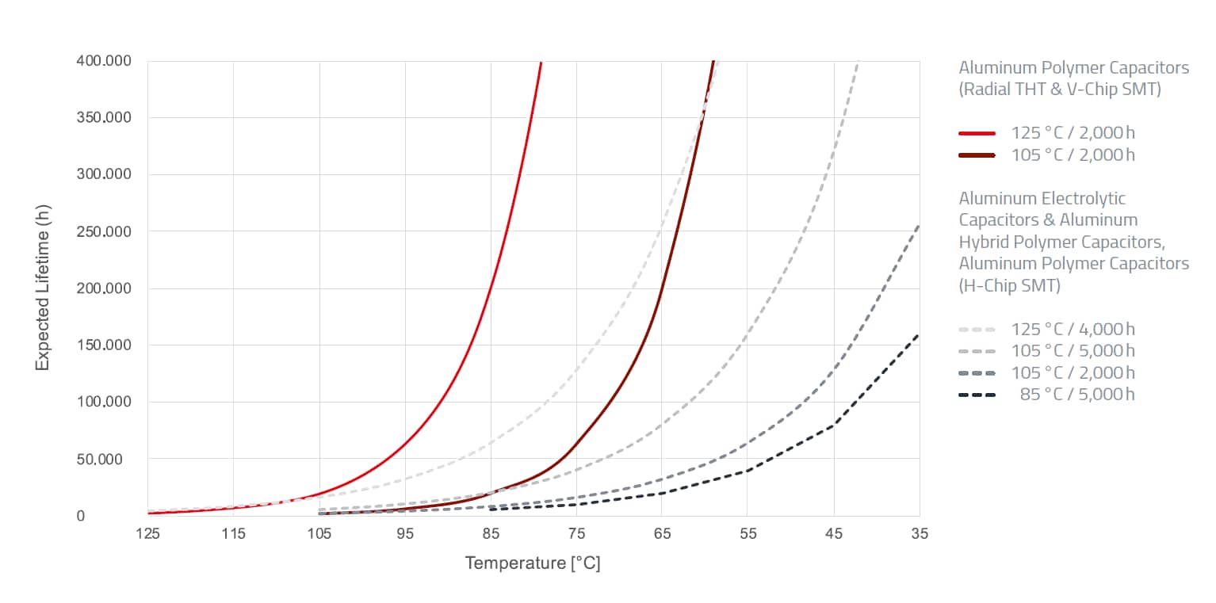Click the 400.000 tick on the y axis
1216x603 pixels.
104,61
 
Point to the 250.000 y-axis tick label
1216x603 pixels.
104,231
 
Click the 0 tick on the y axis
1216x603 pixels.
124,516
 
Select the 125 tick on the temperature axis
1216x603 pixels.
148,534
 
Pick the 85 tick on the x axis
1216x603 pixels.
491,534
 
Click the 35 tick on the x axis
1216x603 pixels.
920,534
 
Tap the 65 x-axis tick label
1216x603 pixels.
663,534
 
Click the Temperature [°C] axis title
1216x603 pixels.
533,563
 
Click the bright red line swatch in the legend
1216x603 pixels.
977,133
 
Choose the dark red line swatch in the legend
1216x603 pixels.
977,155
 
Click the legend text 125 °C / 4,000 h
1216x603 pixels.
1073,329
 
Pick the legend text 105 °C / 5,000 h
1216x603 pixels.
1073,351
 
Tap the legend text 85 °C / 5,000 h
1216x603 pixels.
1077,395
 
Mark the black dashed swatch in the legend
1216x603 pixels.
977,395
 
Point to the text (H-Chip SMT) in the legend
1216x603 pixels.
1010,285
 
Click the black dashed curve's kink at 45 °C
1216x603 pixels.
834,426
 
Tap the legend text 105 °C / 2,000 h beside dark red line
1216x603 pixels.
1073,155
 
